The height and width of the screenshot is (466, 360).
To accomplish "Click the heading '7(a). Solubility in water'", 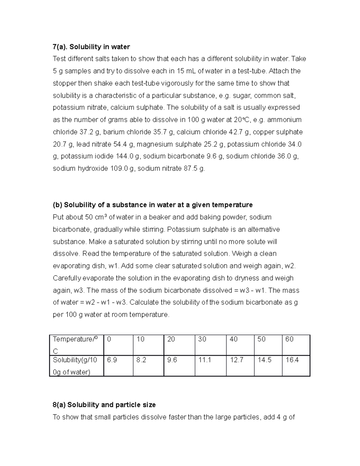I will coord(91,47).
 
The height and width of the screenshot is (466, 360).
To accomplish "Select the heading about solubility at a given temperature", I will coord(152,205).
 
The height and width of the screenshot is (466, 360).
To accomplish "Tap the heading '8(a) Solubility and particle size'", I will coord(104,405).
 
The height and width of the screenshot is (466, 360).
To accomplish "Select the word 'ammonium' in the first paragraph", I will coord(284,120).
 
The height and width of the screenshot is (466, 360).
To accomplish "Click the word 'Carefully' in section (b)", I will coord(67,278).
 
